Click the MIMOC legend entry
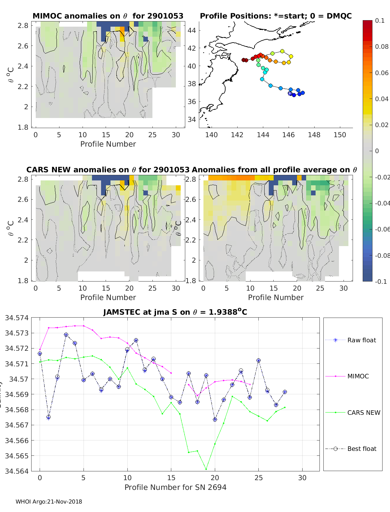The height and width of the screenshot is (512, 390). pos(358,376)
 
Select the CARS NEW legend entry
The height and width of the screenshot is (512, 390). pos(363,413)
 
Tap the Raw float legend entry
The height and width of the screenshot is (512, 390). pos(361,340)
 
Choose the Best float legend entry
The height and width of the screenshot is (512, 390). pos(361,449)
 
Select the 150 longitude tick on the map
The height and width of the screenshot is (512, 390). pos(340,135)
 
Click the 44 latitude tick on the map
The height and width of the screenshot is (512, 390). pos(192,31)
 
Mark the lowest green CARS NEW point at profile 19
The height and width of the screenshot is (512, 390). pos(206,469)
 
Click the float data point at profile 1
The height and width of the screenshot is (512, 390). pos(48,417)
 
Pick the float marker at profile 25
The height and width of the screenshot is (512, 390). pos(258,361)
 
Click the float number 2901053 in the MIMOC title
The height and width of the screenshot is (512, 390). pos(165,16)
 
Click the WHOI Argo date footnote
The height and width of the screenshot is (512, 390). pos(49,502)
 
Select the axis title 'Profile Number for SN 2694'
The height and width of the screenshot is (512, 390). pos(175,487)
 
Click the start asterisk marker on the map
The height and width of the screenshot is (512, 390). pos(290,93)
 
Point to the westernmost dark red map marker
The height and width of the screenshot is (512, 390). pos(243,60)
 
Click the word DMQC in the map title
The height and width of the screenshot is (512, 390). pos(339,16)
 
